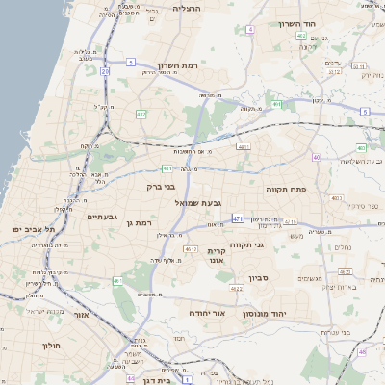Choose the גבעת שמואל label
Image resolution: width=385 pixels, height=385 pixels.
(x=172, y=204)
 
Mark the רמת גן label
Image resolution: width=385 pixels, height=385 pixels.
(x=141, y=223)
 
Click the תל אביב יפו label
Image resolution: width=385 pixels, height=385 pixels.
(x=34, y=230)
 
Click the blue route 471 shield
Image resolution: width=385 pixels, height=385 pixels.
(x=238, y=219)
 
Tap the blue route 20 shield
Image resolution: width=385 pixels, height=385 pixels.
(x=105, y=70)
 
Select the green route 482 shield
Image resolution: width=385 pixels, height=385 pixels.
(x=141, y=115)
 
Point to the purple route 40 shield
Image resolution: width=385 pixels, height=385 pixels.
(x=316, y=157)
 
